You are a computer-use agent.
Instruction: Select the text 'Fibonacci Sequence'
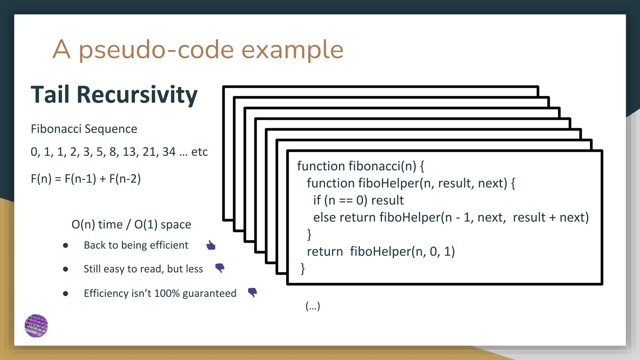(x=84, y=129)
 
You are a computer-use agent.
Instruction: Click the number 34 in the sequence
(x=169, y=152)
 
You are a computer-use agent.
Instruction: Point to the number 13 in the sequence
(x=129, y=152)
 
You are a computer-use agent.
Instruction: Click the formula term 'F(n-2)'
(x=125, y=179)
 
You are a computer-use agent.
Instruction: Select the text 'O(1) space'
(x=162, y=224)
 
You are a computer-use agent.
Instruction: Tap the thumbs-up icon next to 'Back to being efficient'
(x=211, y=245)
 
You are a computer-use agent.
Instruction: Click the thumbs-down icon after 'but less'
(x=220, y=268)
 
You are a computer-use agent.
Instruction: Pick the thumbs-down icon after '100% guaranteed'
(x=252, y=292)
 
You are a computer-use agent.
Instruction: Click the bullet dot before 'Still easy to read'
(x=66, y=269)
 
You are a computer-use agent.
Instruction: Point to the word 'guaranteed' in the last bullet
(x=209, y=293)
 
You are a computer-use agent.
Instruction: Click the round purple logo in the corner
(x=36, y=326)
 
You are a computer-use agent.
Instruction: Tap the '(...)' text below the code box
(x=313, y=306)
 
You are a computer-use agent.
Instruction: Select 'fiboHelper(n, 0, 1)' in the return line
(x=402, y=251)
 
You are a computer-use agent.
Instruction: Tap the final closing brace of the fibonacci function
(x=302, y=268)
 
